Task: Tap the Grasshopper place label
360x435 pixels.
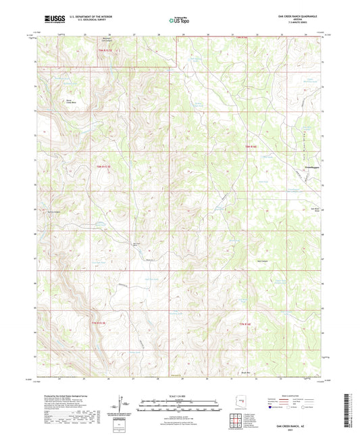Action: (x=305, y=183)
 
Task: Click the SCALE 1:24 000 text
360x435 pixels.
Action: (x=178, y=395)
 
